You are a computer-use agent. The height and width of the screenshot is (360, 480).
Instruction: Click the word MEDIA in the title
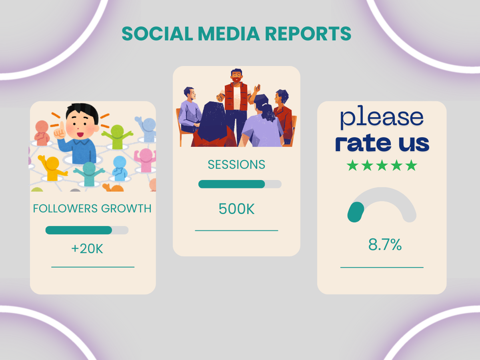[229, 34]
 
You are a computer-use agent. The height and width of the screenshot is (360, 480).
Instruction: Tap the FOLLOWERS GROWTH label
[92, 208]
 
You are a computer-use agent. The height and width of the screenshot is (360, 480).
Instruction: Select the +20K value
[87, 249]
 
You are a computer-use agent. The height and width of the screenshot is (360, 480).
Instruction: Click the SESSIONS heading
[236, 164]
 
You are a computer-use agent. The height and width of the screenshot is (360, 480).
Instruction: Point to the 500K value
[237, 209]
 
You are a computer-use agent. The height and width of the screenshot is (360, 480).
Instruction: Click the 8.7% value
[385, 244]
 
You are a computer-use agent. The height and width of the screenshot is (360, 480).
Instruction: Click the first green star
[352, 165]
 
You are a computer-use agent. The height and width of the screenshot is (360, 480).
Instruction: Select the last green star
[411, 165]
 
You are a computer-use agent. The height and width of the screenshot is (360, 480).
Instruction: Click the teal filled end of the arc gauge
[356, 212]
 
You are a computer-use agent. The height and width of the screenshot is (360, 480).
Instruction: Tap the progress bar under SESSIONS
[240, 184]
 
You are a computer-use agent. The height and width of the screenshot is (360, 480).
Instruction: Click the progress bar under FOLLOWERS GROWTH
[87, 230]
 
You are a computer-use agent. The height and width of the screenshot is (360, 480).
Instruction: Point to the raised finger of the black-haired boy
[62, 125]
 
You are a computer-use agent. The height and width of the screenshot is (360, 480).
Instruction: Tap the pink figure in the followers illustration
[145, 160]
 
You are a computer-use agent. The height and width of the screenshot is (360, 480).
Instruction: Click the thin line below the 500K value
[236, 230]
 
